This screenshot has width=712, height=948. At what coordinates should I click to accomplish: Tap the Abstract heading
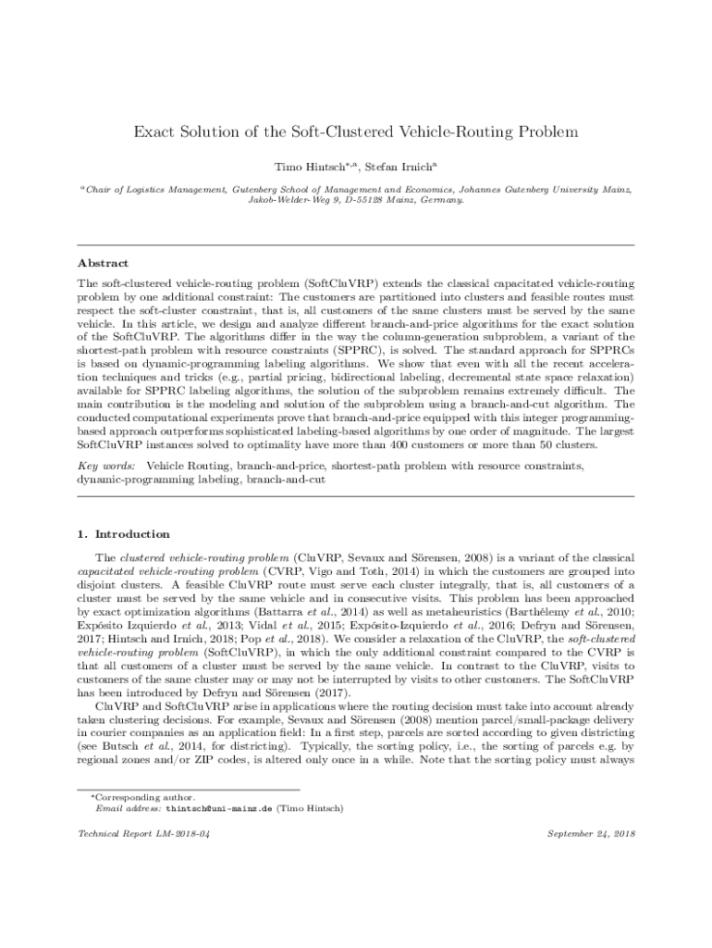(103, 263)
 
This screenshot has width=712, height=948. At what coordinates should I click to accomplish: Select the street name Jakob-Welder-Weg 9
(285, 199)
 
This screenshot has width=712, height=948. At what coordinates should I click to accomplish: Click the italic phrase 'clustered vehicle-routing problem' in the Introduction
(203, 558)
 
